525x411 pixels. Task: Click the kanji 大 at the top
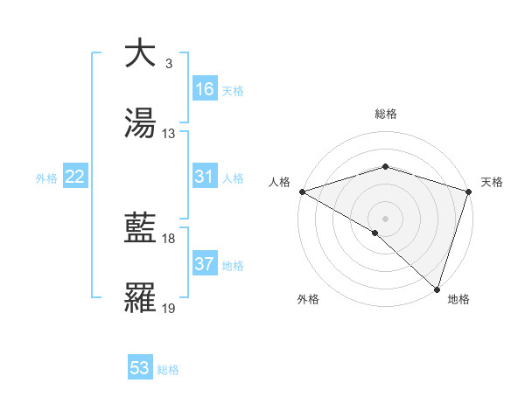pos(141,53)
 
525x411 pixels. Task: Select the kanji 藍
pos(141,228)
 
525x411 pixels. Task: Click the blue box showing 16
pos(204,89)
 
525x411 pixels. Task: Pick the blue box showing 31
pos(204,177)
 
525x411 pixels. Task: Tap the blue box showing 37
pos(204,264)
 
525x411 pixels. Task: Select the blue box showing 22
pos(75,177)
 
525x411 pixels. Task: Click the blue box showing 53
pos(140,368)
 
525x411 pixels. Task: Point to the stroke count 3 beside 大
pos(168,64)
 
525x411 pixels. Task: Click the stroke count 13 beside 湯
pos(169,134)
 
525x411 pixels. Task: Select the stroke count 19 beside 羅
pos(169,309)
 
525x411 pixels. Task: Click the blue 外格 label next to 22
pos(46,178)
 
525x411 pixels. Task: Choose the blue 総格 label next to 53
pos(168,370)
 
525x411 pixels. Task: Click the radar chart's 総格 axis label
pos(385,115)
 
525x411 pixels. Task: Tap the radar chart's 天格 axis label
pos(492,182)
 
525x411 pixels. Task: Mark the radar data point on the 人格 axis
pos(302,192)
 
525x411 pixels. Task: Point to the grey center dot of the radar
pos(385,218)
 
